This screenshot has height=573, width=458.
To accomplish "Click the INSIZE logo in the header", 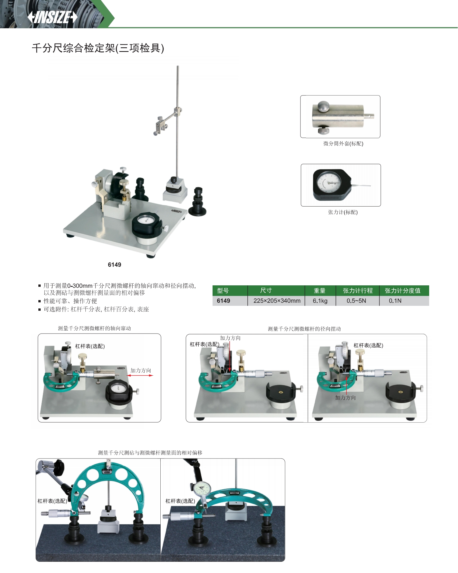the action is coord(52,17).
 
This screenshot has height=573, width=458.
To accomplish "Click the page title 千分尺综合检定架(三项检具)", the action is coord(98,48).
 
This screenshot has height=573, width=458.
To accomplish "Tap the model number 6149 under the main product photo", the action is coord(114,265).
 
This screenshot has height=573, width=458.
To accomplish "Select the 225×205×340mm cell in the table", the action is coord(277,301).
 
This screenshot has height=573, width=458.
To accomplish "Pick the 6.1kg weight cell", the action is coord(320,301).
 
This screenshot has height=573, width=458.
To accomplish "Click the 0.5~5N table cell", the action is coord(356,301).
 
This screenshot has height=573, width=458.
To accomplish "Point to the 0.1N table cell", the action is coord(395,301).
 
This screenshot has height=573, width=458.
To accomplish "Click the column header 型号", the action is coord(223,291).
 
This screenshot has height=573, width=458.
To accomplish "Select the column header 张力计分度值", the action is coord(403,291).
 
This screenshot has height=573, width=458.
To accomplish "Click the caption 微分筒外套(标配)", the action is coord(343,143).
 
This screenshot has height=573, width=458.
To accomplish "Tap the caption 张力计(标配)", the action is coord(343,212).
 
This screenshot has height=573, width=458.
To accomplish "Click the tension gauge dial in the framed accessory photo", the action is coord(329,183).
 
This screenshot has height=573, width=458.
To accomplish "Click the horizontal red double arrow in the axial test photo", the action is coord(140,375).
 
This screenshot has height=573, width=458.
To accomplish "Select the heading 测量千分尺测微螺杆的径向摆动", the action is coord(304,329).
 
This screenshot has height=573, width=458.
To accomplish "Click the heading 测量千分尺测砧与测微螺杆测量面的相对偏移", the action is coord(150,453).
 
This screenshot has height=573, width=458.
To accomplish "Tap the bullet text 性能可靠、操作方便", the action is coord(70,301).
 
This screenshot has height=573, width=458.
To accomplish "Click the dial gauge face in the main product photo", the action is coord(146,220).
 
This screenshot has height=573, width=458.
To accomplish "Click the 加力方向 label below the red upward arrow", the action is coord(345,398).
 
